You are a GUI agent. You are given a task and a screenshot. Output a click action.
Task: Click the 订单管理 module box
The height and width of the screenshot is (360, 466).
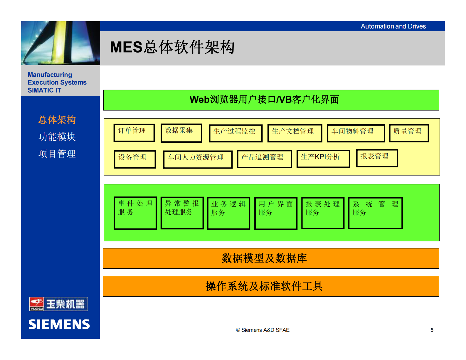point(134,133)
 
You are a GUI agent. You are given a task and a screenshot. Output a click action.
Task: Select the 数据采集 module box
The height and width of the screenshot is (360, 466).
point(181,133)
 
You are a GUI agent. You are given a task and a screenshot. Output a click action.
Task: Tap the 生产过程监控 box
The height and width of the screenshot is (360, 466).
point(235,133)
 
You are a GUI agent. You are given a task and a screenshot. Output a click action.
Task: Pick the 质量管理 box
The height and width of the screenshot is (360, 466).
point(409,133)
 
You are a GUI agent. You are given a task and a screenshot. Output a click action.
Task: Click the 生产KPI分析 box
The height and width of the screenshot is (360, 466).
point(323,159)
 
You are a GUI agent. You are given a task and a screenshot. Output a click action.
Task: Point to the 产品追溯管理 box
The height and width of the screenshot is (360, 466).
point(264,159)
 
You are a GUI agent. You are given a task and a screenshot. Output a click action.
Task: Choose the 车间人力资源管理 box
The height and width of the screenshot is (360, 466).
point(198,159)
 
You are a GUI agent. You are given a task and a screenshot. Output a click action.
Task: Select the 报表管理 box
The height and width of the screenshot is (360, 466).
point(377,158)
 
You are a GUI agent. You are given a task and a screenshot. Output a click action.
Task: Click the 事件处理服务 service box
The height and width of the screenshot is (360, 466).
point(135,213)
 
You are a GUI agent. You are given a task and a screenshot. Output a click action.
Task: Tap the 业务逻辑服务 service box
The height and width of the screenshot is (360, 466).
point(228,213)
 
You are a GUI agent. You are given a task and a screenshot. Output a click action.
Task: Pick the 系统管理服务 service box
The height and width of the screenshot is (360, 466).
point(375,213)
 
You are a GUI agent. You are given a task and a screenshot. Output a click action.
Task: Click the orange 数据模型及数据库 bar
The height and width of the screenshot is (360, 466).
point(271,258)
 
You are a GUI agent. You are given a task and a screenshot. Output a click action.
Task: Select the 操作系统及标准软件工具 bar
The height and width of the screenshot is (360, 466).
point(271,286)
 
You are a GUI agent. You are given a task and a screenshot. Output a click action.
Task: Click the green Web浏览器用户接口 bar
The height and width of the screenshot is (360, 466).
point(271,100)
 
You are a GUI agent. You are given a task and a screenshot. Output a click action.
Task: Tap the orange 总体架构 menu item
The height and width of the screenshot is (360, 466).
point(57,120)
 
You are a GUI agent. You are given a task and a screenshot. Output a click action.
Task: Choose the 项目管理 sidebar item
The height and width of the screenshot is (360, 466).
point(57,154)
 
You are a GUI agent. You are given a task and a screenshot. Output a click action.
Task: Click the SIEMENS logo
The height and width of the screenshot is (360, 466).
point(59,324)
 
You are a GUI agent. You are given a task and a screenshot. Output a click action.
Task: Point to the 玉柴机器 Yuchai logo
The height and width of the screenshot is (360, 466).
point(59,304)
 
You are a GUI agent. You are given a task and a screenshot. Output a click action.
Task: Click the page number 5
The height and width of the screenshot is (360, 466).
point(432,330)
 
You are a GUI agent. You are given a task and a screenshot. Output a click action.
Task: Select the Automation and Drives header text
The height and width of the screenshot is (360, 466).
point(393,26)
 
